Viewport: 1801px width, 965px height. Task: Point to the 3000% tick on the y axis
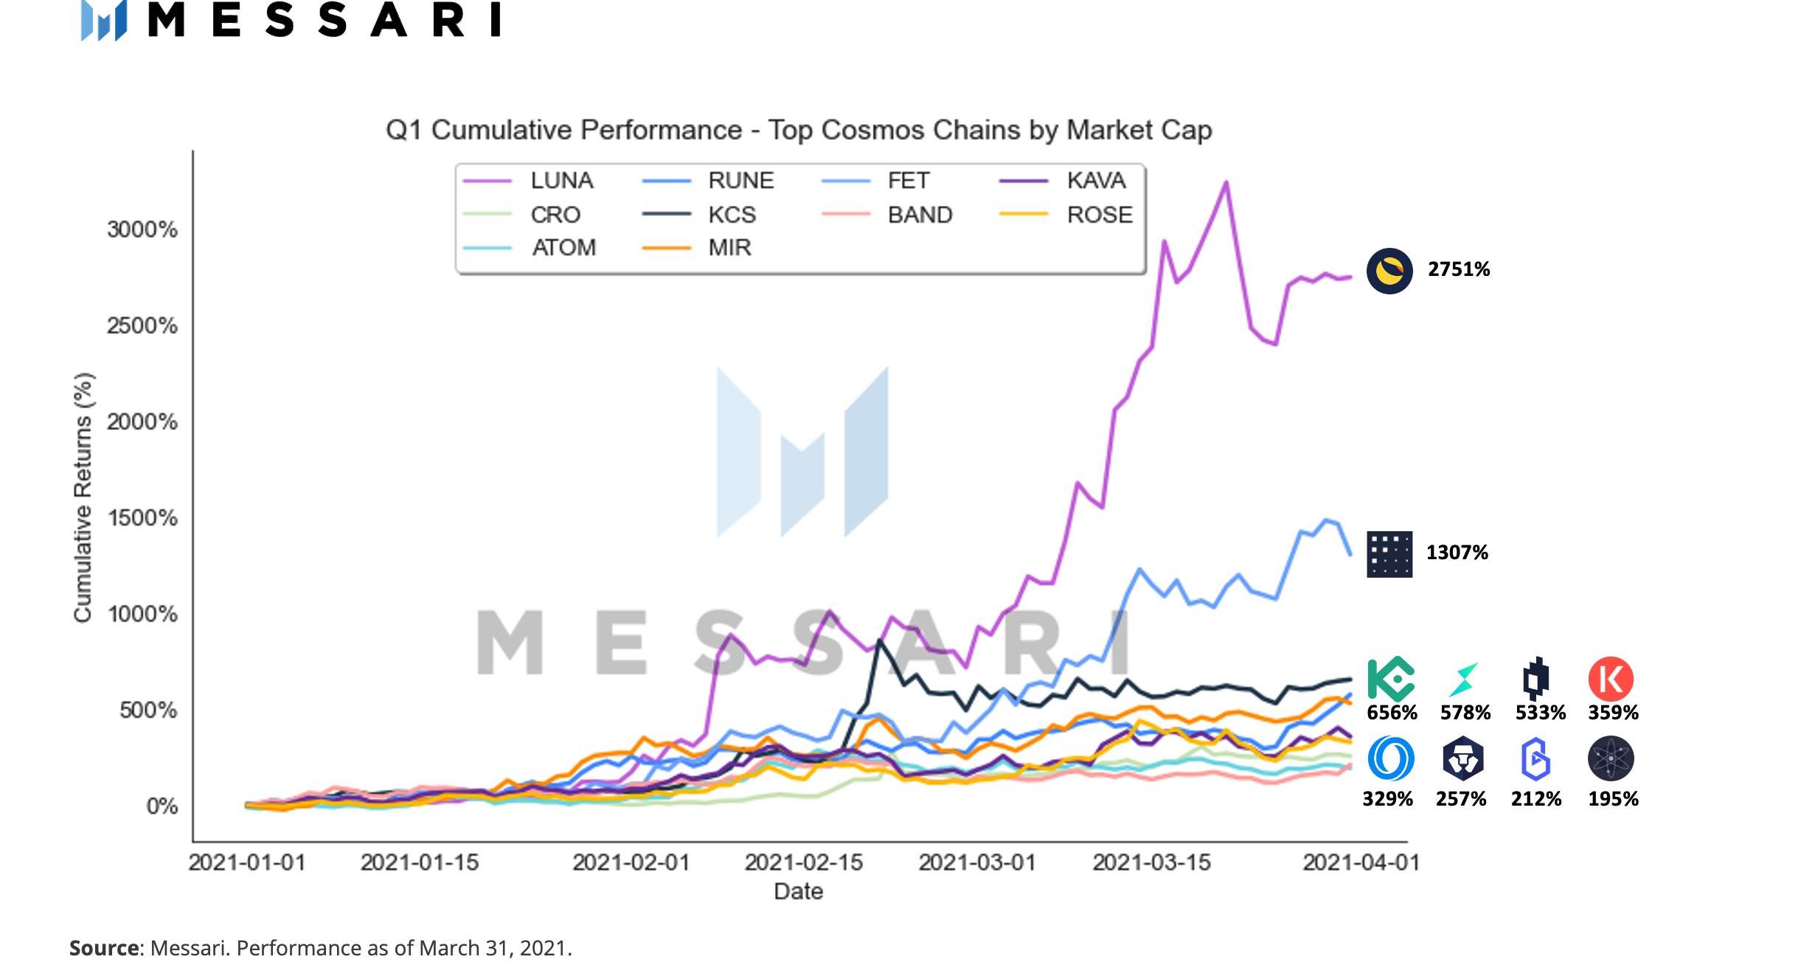coord(142,229)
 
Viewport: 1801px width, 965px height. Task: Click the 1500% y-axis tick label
coord(142,518)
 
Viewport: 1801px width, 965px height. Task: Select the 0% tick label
coord(162,806)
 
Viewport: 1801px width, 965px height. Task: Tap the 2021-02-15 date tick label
coord(803,862)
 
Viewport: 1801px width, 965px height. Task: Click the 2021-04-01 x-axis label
coord(1361,862)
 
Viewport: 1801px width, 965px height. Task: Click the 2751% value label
coord(1458,269)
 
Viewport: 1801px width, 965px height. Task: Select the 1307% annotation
coord(1457,553)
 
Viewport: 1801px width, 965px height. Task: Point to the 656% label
coord(1392,713)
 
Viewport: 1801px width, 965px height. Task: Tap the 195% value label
coord(1613,799)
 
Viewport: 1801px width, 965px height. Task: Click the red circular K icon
coord(1611,679)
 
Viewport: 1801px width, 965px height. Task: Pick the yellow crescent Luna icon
coord(1389,271)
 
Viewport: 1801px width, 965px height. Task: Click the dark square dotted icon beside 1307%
coord(1389,553)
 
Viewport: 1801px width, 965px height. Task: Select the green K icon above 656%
coord(1391,679)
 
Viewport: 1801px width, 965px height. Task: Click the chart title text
coord(799,130)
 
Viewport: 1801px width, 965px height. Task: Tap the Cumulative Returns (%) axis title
coord(83,498)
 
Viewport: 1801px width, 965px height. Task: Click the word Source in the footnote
coord(103,948)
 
